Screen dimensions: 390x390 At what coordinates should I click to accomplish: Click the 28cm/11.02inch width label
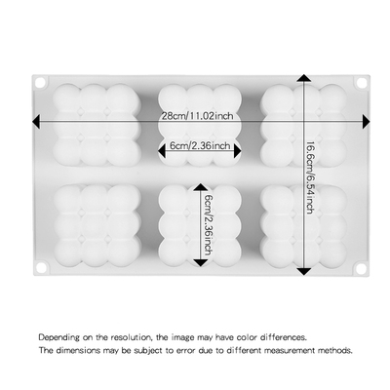tap(197, 115)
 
